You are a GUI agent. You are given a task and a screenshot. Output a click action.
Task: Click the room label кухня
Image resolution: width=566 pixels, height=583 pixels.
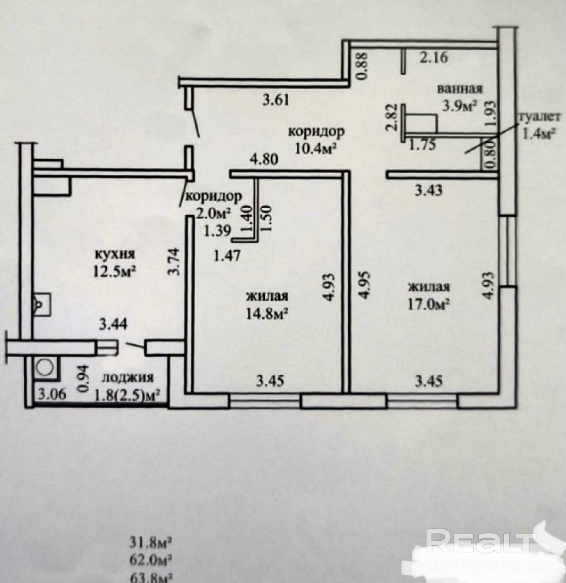coord(115,254)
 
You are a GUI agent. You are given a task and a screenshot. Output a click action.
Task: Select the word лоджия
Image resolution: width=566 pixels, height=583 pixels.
coord(128,378)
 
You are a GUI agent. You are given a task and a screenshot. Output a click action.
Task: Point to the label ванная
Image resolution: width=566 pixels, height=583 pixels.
coord(460,89)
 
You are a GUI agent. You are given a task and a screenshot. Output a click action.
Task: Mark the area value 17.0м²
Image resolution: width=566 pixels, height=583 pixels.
coord(428,305)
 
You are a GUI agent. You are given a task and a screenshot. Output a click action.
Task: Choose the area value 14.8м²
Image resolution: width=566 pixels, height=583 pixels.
coord(267,314)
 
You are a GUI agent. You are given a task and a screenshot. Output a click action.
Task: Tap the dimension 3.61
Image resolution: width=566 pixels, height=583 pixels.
coord(276,100)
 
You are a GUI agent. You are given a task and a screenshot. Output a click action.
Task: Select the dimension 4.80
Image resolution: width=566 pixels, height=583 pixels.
coord(264,160)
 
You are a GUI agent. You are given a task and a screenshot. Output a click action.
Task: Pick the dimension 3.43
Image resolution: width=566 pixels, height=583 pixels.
coord(429,190)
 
